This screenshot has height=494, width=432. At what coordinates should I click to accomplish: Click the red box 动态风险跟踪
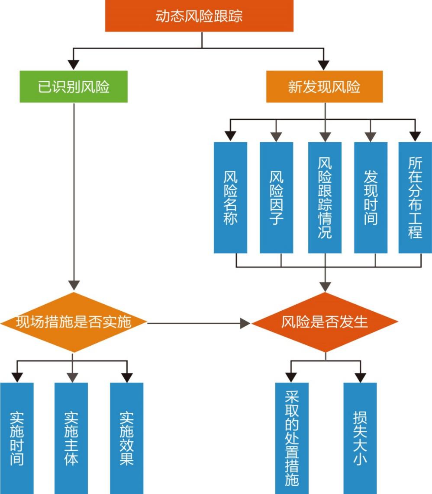pyautogui.click(x=199, y=16)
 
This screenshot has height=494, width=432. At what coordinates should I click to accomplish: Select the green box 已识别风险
pyautogui.click(x=74, y=86)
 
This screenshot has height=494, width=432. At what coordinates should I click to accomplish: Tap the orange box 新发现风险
pyautogui.click(x=324, y=86)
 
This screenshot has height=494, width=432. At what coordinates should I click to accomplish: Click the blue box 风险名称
pyautogui.click(x=230, y=198)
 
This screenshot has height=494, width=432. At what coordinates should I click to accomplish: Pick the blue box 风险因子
pyautogui.click(x=276, y=198)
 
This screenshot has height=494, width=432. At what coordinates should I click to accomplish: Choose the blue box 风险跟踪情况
pyautogui.click(x=325, y=198)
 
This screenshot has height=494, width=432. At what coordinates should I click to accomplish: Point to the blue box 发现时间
pyautogui.click(x=371, y=198)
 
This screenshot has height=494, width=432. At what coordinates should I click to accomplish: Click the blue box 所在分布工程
pyautogui.click(x=415, y=198)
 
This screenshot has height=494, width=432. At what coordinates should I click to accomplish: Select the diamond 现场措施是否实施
pyautogui.click(x=74, y=322)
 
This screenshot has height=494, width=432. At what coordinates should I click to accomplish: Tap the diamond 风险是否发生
pyautogui.click(x=325, y=322)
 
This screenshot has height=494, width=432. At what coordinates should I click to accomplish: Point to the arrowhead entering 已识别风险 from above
pyautogui.click(x=74, y=65)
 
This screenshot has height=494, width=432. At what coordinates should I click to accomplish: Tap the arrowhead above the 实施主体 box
pyautogui.click(x=72, y=377)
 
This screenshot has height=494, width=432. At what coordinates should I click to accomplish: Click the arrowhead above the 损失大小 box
pyautogui.click(x=360, y=377)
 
